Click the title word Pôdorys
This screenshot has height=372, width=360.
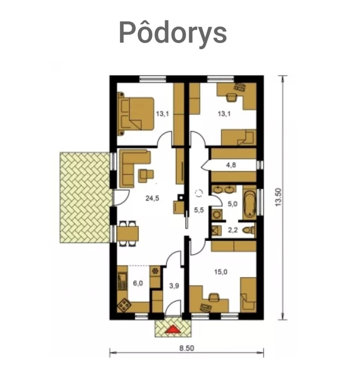pos(173,33)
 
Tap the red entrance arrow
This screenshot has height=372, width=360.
pos(173,329)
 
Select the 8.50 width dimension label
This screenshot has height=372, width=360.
pos(187,348)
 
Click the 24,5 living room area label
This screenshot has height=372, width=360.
pos(152,198)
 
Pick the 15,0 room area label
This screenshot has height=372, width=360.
pos(221,272)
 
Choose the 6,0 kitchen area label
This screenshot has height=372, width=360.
pos(138,283)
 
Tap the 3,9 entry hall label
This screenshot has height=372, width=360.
pos(174,286)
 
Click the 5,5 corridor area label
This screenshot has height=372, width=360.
pos(199,210)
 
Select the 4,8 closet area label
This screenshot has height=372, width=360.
pos(231,165)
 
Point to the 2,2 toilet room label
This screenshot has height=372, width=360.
pos(233,230)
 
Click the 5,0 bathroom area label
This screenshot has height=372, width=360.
pos(233,204)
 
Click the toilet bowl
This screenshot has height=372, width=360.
pos(248,230)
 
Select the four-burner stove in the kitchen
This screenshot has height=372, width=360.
pos(124,305)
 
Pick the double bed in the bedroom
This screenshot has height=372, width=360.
pos(136,114)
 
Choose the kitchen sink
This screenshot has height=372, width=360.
pos(122,281)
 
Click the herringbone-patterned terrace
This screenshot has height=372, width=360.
pos(85,197)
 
